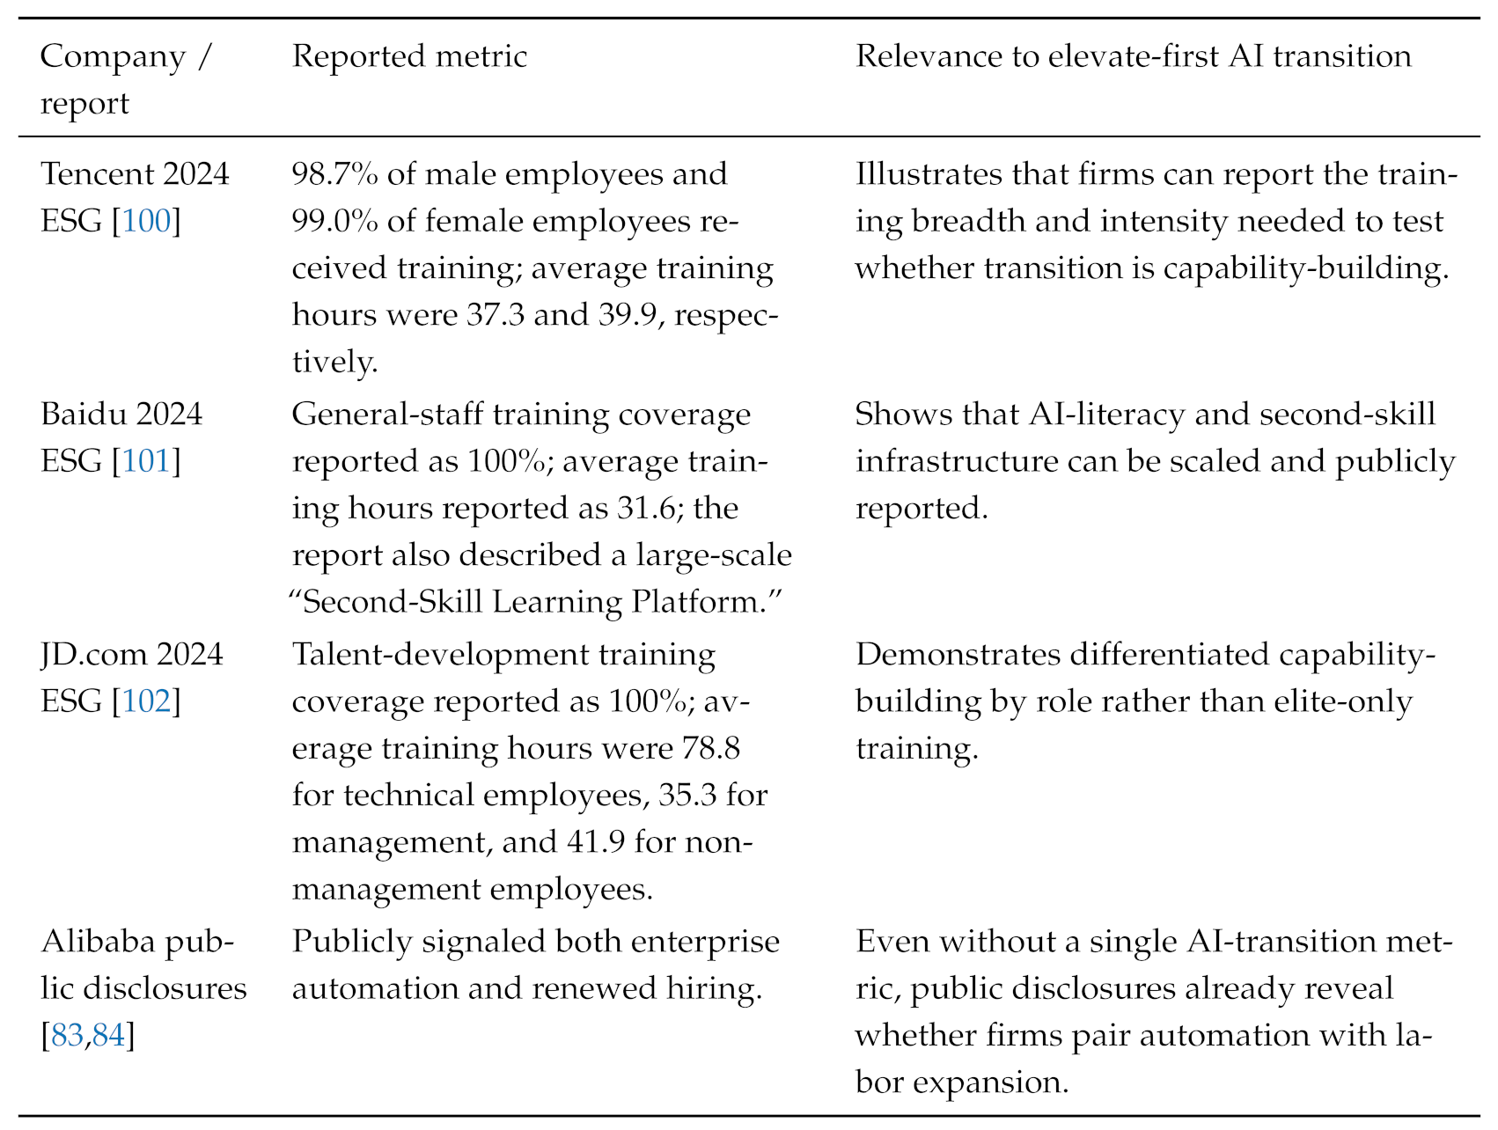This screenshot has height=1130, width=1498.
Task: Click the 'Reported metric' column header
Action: coord(409,57)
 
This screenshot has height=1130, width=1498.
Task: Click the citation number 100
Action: coord(146,221)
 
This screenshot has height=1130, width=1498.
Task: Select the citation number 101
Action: coord(146,461)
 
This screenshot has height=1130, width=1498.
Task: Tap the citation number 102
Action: coord(146,701)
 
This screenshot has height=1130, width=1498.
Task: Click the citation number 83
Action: coord(68,1036)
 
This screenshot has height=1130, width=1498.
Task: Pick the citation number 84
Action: coord(109,1036)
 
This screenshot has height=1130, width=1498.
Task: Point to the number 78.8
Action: coord(710,749)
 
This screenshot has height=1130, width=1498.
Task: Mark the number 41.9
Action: coord(596,843)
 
